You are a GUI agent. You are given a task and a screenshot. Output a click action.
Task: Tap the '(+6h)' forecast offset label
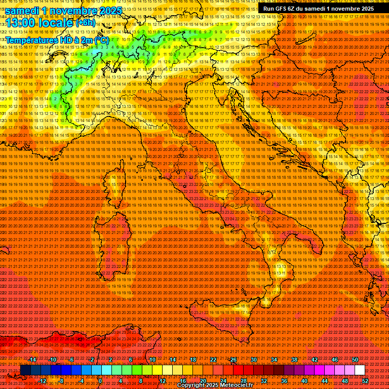click(x=85, y=23)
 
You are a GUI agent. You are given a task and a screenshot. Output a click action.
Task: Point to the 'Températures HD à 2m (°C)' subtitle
click(x=57, y=40)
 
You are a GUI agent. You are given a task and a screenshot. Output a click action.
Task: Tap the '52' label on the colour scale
click(x=365, y=381)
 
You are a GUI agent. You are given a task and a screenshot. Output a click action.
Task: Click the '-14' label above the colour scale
click(x=32, y=360)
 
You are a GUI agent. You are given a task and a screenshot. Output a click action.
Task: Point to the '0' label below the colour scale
click(x=100, y=381)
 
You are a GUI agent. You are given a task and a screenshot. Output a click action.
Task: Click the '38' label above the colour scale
click(x=294, y=360)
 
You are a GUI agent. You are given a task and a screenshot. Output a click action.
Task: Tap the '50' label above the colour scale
click(x=355, y=360)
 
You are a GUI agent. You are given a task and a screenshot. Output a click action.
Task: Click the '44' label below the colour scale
click(x=325, y=381)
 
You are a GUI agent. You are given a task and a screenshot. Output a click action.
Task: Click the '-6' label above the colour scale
click(x=71, y=360)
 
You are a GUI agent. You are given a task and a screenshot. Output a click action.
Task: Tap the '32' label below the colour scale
click(x=263, y=381)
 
